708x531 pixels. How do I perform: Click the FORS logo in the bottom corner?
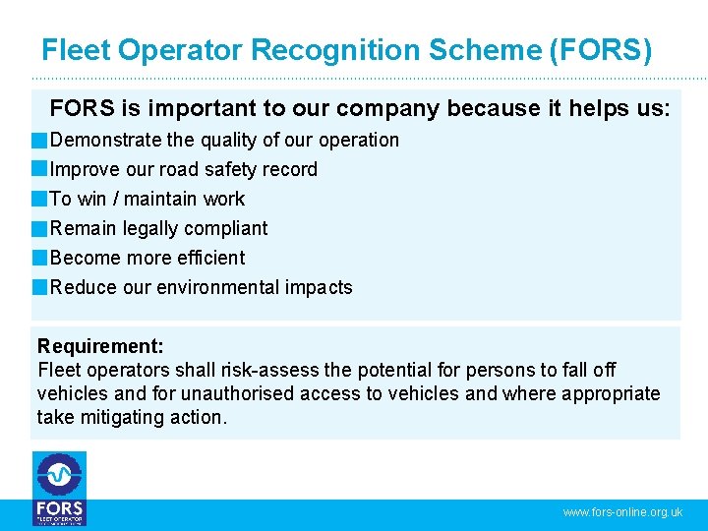[59, 489]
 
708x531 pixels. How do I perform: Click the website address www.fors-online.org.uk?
[622, 512]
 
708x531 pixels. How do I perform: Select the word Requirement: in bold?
[100, 346]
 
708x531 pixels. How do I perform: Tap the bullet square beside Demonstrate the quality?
[39, 141]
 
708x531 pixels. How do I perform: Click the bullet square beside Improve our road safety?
[39, 170]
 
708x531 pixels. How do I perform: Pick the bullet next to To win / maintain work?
[39, 200]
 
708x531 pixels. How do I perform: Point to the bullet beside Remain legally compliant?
[39, 229]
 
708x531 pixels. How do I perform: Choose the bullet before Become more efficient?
[39, 259]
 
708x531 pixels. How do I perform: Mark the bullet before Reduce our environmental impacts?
[39, 288]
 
